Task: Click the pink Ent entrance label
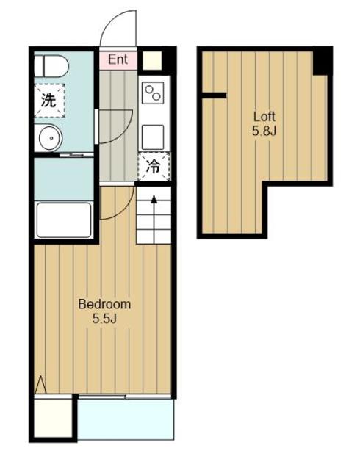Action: point(118,59)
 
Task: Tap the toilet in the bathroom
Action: point(51,66)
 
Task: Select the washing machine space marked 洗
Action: point(49,101)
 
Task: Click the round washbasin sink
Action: point(50,138)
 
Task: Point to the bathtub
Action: point(64,220)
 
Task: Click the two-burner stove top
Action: point(153,93)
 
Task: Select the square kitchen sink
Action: point(153,137)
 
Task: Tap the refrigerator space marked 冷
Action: point(154,167)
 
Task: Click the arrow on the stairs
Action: point(154,219)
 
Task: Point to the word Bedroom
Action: point(104,304)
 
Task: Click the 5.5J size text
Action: point(104,319)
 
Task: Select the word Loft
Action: point(264,116)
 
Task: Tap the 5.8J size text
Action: point(264,131)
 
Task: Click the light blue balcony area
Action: point(126,419)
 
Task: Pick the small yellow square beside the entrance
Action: point(152,60)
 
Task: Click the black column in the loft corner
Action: point(323,62)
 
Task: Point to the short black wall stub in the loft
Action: point(215,95)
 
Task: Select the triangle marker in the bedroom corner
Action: point(40,384)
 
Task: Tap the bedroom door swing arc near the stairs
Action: point(124,210)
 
